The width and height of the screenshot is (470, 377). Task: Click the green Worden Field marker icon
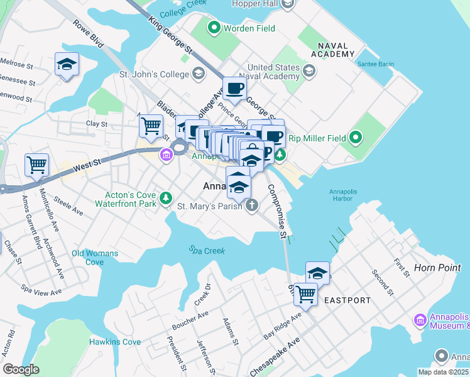(x=214, y=28)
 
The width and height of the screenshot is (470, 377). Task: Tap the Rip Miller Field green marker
(x=356, y=137)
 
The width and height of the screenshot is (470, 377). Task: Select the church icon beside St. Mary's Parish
(x=251, y=205)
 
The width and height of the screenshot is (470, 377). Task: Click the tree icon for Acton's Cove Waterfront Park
(x=165, y=198)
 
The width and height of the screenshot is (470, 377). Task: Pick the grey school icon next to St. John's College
(x=198, y=75)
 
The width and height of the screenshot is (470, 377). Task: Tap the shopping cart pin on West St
(x=37, y=165)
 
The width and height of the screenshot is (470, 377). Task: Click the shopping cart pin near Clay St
(x=151, y=126)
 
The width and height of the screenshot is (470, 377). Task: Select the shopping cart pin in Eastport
(x=305, y=293)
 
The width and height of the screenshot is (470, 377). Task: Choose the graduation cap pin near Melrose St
(x=67, y=64)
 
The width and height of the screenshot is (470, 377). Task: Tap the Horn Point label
(x=437, y=268)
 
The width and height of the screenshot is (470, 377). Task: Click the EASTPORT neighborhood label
(x=347, y=300)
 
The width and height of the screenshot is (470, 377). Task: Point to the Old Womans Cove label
(x=87, y=258)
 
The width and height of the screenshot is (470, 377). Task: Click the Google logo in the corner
(x=21, y=369)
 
